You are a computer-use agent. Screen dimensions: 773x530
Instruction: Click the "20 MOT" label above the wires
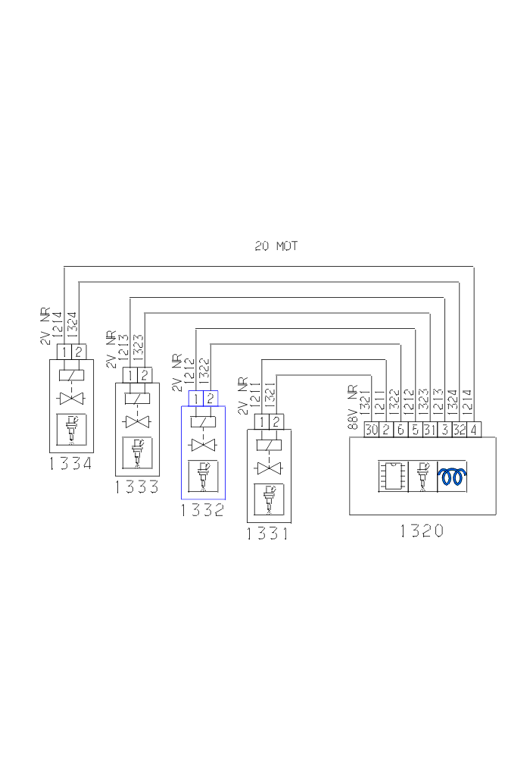(276, 246)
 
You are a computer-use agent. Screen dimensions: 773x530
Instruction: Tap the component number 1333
(137, 487)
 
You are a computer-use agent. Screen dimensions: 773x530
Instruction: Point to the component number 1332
(202, 510)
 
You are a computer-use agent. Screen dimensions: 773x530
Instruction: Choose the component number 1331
(267, 534)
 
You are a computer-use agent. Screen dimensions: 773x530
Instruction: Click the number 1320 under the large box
(422, 530)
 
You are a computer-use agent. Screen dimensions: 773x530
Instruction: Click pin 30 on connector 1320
(371, 430)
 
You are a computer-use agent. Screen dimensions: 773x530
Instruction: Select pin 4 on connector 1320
(474, 430)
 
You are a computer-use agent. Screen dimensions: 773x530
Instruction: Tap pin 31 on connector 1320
(430, 430)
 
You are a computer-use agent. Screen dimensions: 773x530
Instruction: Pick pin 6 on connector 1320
(401, 430)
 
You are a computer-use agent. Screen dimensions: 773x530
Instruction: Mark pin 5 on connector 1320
(416, 430)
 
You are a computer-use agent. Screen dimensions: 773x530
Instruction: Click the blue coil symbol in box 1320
(453, 477)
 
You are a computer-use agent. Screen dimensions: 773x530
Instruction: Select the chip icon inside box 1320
(393, 477)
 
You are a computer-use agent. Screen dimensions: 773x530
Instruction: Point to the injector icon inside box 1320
(422, 477)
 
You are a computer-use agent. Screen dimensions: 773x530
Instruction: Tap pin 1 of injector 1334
(64, 352)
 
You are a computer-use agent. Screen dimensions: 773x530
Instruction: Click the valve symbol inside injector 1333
(137, 421)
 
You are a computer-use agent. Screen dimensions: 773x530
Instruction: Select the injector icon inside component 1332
(203, 476)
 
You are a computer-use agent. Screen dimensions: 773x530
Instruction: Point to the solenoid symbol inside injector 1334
(71, 374)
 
